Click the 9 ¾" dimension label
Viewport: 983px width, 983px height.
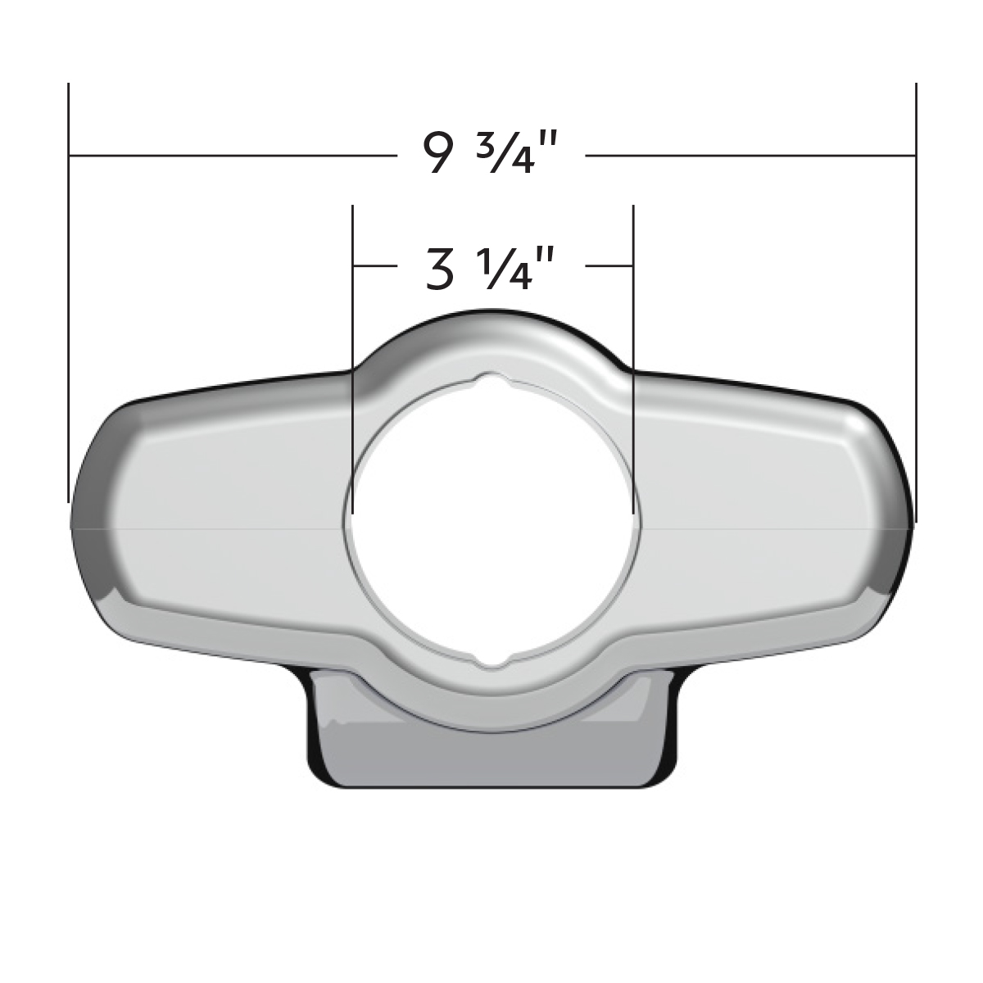(490, 154)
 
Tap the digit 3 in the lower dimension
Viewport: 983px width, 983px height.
(440, 270)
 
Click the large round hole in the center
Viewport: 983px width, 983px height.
(491, 524)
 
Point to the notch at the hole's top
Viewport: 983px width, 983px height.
(491, 383)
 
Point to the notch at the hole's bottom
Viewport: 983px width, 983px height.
(491, 662)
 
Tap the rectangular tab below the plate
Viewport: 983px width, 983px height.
(491, 758)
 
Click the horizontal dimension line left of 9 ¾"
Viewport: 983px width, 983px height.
(229, 155)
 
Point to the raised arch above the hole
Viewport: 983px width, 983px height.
(491, 336)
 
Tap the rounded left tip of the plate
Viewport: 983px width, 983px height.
(86, 524)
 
